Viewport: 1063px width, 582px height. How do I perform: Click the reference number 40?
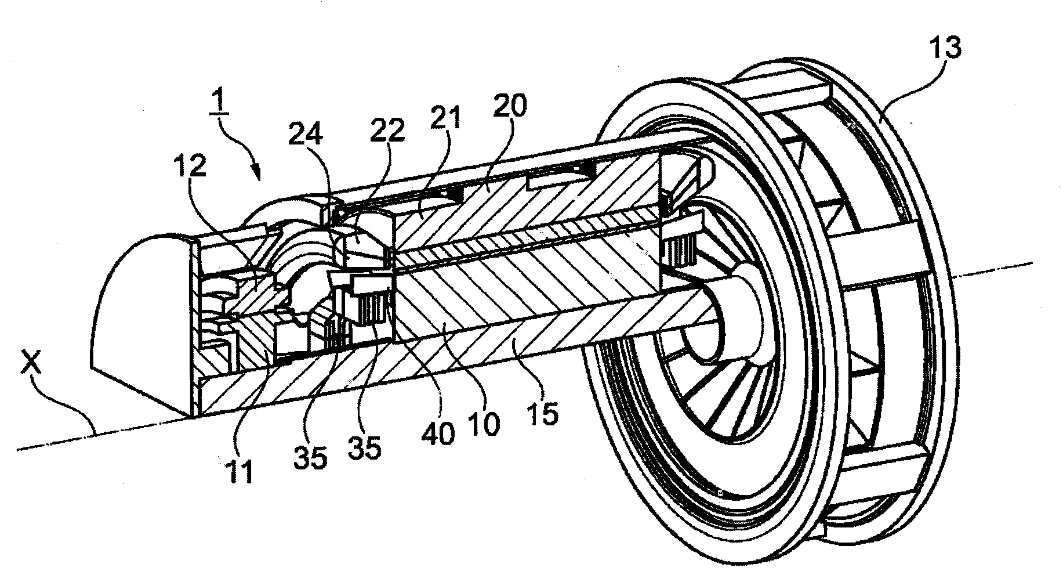[x=440, y=432]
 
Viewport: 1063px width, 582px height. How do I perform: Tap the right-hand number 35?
[x=364, y=448]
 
